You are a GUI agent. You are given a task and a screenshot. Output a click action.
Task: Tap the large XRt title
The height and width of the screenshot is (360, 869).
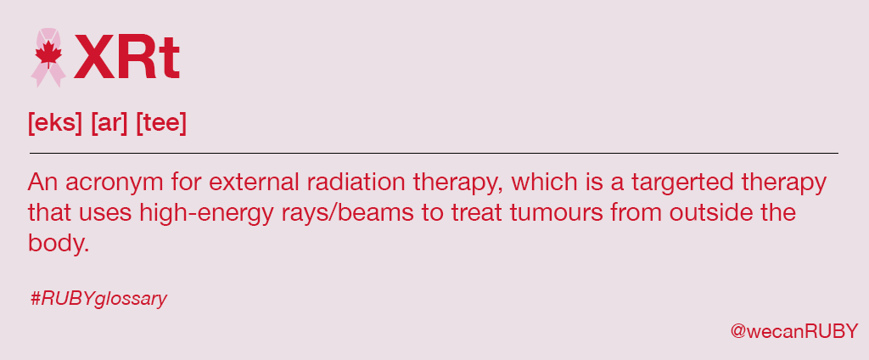(x=126, y=57)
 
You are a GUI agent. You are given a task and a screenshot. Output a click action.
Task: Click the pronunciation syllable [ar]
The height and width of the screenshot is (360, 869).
(x=109, y=123)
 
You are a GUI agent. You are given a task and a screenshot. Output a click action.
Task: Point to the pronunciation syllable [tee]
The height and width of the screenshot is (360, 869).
(x=160, y=123)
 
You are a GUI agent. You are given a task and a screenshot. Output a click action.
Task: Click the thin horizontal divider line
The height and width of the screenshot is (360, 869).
(x=434, y=153)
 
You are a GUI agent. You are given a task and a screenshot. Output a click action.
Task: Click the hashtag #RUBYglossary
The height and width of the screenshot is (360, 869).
(x=98, y=299)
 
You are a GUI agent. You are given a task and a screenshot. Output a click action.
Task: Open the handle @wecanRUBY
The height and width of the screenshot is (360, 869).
(x=794, y=329)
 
